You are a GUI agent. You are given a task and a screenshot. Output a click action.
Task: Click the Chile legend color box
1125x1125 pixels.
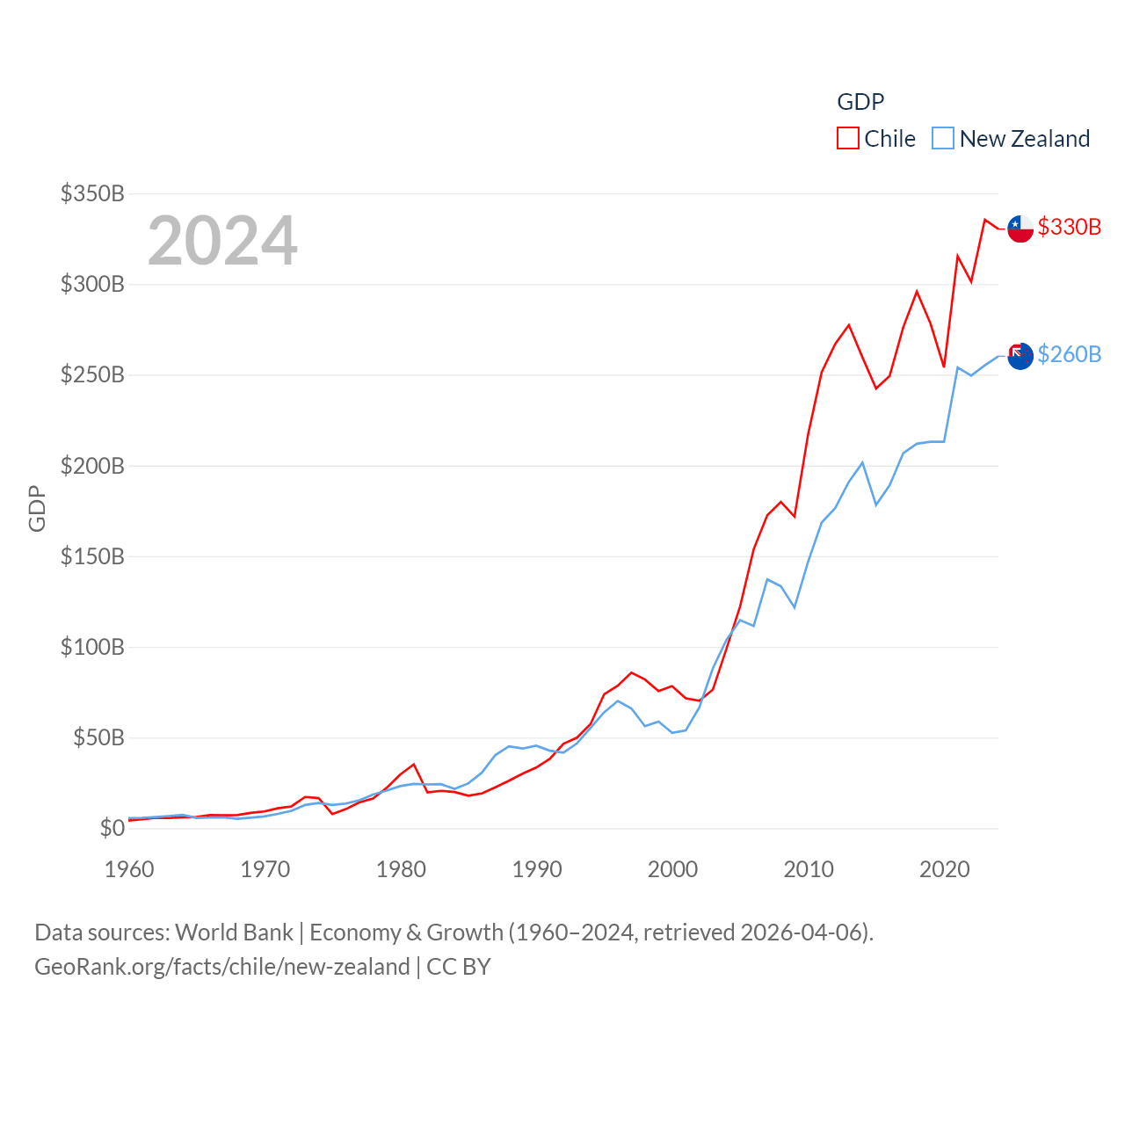tap(847, 139)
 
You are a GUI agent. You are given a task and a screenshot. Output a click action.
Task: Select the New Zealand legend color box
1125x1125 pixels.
tap(942, 139)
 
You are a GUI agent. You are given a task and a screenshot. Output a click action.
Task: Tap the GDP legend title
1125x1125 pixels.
tap(860, 102)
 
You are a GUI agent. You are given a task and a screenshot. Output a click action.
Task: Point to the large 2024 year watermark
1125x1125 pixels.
tap(222, 241)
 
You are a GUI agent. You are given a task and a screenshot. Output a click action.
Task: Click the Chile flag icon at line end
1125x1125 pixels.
tap(1020, 229)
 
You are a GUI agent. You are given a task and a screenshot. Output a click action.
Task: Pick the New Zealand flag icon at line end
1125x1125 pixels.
tap(1020, 356)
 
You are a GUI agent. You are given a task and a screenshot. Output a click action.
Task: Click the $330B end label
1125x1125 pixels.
tap(1069, 227)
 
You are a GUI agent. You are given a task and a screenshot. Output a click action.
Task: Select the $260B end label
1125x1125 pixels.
tap(1069, 354)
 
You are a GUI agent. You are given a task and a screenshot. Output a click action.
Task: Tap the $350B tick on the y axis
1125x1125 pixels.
tap(92, 193)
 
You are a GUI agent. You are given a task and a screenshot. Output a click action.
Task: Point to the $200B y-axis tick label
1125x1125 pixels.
tap(92, 466)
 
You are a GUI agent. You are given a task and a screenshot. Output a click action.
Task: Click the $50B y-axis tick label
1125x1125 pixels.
tap(98, 737)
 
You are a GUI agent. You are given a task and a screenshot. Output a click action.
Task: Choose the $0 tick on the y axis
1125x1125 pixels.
tap(112, 828)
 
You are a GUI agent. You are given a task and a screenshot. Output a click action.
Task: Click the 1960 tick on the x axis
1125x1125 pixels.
tap(129, 869)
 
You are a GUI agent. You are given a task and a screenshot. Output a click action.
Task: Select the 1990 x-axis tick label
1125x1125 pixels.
tap(537, 869)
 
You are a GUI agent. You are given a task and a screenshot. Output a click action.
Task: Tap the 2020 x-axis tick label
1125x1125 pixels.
tap(944, 869)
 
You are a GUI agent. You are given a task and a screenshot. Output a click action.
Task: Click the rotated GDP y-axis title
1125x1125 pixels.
tap(37, 508)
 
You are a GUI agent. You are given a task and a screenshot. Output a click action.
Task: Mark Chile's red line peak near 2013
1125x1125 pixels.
tap(849, 325)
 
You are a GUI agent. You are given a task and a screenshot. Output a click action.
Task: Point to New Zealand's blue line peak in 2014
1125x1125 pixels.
tap(862, 462)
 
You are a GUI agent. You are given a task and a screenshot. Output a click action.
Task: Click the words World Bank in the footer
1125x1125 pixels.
tap(234, 932)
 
